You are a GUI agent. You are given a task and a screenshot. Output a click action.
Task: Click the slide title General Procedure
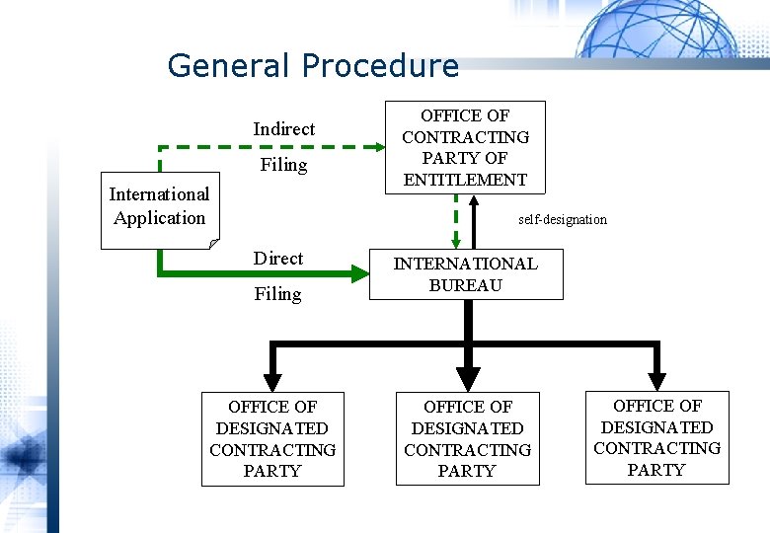click(313, 66)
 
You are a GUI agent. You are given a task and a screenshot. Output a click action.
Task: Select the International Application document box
click(160, 207)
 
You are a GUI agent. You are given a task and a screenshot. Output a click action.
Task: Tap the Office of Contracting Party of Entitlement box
click(464, 148)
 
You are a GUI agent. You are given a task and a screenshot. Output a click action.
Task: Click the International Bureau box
click(466, 274)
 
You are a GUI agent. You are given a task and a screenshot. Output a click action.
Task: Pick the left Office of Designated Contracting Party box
click(272, 438)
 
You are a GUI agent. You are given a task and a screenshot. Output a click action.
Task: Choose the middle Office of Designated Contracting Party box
click(468, 438)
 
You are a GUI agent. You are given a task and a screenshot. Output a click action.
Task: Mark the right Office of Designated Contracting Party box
click(656, 437)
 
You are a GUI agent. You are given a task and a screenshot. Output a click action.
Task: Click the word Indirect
click(283, 129)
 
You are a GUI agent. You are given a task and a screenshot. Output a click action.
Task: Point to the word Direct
click(278, 259)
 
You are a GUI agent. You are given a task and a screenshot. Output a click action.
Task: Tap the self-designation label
click(563, 219)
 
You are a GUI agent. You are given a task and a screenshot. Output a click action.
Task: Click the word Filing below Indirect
click(283, 165)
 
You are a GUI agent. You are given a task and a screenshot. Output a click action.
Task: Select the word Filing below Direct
click(278, 294)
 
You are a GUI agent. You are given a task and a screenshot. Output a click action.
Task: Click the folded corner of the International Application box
click(213, 242)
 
